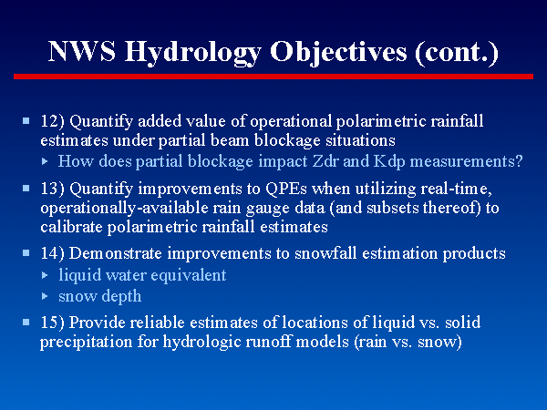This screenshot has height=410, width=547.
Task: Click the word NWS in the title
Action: pos(82,51)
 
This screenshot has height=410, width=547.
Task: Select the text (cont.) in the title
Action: pos(457,53)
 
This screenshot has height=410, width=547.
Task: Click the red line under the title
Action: pos(273,77)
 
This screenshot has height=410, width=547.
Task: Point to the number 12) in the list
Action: pos(53,122)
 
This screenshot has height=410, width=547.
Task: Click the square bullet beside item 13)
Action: pos(26,189)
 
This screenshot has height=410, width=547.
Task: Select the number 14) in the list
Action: pos(53,253)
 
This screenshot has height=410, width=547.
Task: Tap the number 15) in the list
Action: pos(53,323)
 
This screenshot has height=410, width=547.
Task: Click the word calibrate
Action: pos(71,227)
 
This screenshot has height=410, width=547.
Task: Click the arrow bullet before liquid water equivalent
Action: pos(45,275)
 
